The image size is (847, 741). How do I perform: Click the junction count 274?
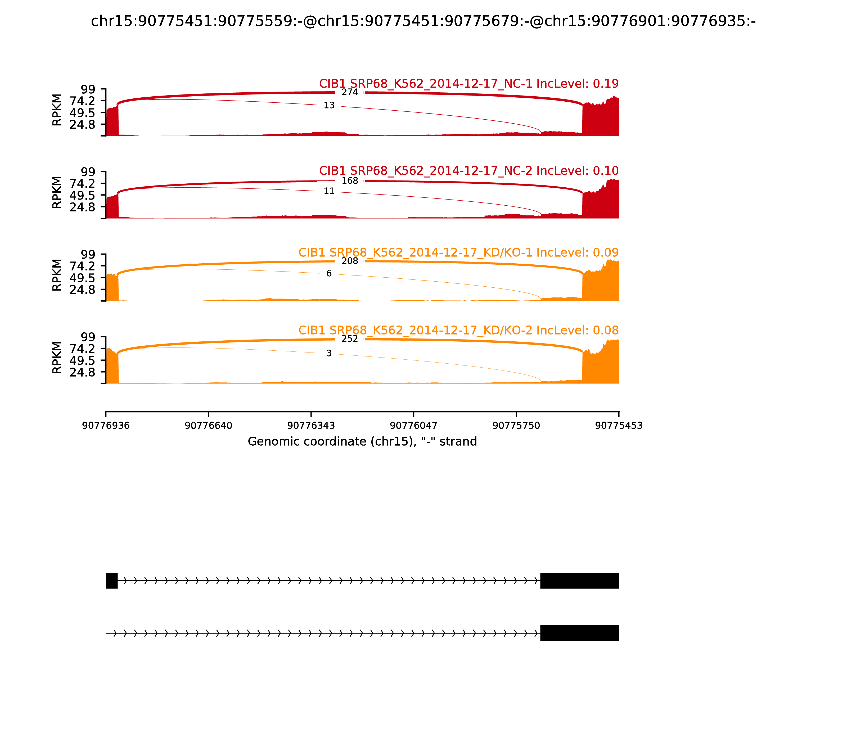(349, 92)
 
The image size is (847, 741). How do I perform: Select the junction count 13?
(329, 105)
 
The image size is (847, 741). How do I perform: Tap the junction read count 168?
(349, 181)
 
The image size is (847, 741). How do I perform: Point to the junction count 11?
(329, 191)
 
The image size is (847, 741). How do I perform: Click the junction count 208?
(349, 261)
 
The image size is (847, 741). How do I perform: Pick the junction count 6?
(329, 273)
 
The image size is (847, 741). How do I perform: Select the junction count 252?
(349, 339)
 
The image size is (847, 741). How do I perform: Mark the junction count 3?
(329, 353)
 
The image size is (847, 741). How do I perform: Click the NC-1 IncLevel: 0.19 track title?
(468, 84)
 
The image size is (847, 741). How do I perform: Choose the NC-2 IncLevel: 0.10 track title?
(468, 170)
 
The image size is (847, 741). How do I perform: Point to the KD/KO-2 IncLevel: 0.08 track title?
(458, 330)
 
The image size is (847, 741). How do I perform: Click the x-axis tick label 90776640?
(209, 426)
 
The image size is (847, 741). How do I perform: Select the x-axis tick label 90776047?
(413, 426)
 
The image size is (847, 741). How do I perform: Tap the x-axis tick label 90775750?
(516, 426)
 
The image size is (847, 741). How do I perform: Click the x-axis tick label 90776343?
(311, 426)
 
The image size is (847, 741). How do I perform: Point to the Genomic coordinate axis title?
(362, 442)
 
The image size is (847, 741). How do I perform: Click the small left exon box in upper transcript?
(112, 581)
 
